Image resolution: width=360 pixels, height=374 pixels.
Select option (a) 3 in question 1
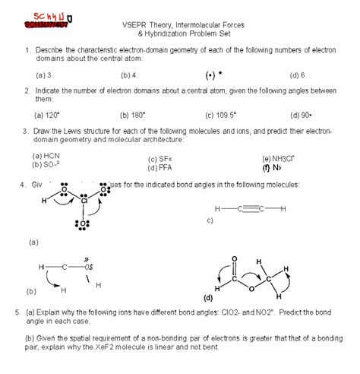coord(43,75)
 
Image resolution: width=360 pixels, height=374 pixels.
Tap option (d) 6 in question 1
coord(297,75)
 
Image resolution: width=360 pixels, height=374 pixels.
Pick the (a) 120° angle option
coord(47,116)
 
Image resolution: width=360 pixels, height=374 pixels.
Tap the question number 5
coord(17,312)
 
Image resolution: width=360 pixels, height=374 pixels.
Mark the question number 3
coord(26,131)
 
